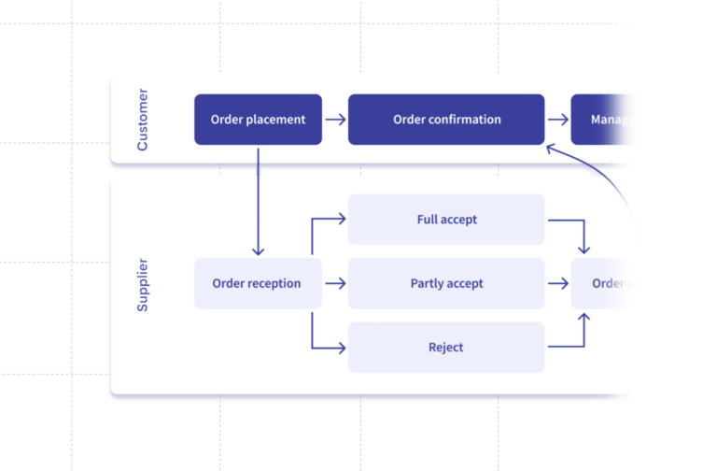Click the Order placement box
click(x=258, y=120)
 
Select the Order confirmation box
click(x=446, y=120)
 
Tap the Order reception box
click(x=258, y=283)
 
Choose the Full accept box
click(x=446, y=220)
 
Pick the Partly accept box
click(x=446, y=283)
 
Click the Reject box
click(x=446, y=348)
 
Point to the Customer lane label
click(x=142, y=121)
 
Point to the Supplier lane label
click(x=142, y=284)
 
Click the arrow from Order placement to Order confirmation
click(x=335, y=120)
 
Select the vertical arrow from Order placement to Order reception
click(x=259, y=201)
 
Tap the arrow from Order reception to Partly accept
click(x=335, y=283)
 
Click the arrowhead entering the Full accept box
click(x=342, y=220)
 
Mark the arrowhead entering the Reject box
click(x=342, y=348)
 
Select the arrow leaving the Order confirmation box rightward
click(x=557, y=120)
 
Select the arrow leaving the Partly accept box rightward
click(x=557, y=283)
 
